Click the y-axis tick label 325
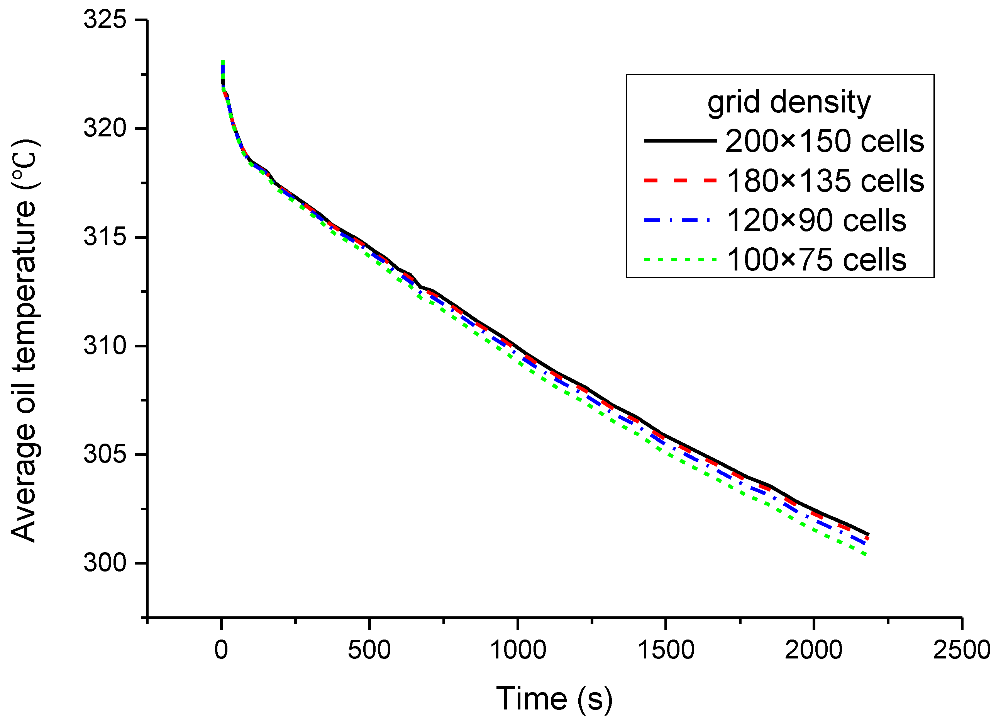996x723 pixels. click(105, 20)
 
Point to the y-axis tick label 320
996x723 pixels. click(105, 129)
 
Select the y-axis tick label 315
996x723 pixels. click(105, 237)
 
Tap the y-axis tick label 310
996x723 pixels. click(105, 346)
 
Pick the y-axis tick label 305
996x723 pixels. click(105, 454)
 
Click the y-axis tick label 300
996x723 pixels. click(105, 563)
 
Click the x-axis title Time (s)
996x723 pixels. click(554, 698)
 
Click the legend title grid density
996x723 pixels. click(789, 102)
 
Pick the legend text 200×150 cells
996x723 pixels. click(825, 141)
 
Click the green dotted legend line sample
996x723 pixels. click(680, 260)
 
